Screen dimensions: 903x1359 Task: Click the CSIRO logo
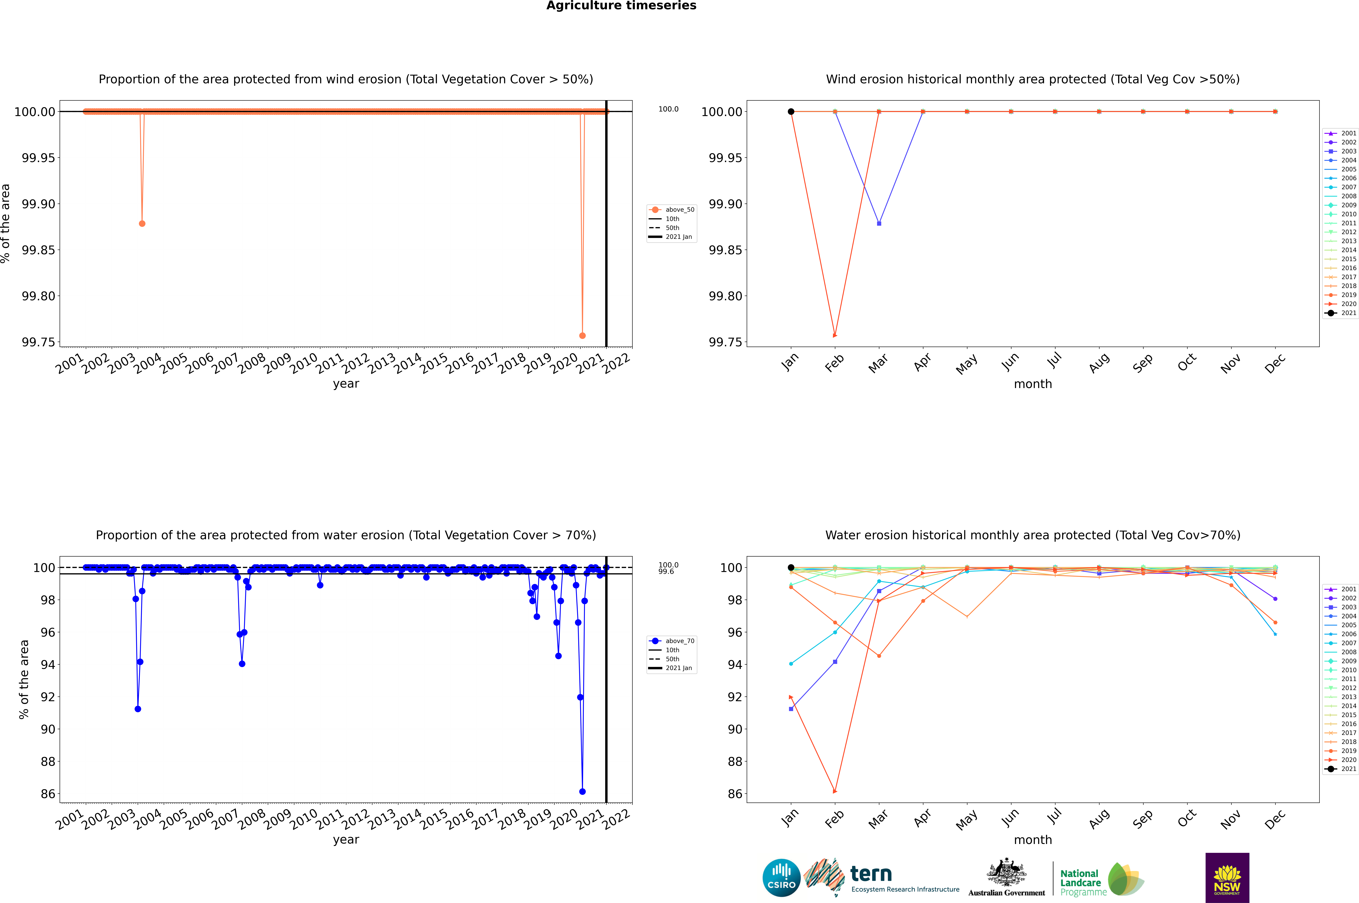(781, 878)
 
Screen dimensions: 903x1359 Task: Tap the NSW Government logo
(1227, 878)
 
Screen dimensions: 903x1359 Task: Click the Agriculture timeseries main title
(621, 6)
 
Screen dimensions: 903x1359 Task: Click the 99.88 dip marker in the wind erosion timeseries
(142, 223)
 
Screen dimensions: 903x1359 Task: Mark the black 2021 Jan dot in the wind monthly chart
(791, 112)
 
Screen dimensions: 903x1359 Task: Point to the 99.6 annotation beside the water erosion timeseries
(666, 572)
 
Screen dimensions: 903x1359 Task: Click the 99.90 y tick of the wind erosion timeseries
(39, 204)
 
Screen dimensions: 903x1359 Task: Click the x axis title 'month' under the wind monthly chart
(1032, 384)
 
